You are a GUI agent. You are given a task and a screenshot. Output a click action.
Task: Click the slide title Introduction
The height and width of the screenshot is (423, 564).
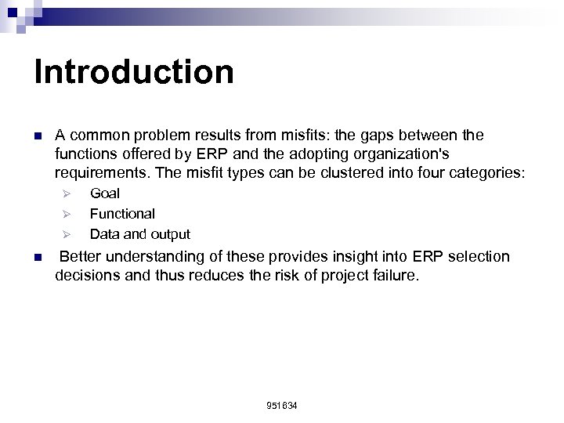(134, 71)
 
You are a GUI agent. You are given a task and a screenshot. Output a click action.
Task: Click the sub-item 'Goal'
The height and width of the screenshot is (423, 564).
(105, 193)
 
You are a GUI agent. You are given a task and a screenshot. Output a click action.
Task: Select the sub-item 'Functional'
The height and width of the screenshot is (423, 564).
(122, 213)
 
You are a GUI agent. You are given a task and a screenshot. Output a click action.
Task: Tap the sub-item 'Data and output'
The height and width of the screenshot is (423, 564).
(139, 233)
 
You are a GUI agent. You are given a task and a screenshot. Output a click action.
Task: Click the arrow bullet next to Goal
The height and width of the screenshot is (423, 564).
(67, 193)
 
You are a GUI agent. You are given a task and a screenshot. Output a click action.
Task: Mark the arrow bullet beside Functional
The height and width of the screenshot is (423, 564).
(67, 214)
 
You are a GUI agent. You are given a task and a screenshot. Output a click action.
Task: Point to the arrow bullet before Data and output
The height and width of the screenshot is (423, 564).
(67, 234)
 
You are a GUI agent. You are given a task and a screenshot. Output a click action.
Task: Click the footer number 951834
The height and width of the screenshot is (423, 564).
(282, 407)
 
